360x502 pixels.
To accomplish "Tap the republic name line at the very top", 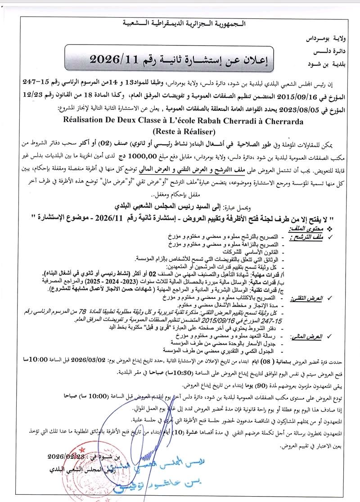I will [180, 23].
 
